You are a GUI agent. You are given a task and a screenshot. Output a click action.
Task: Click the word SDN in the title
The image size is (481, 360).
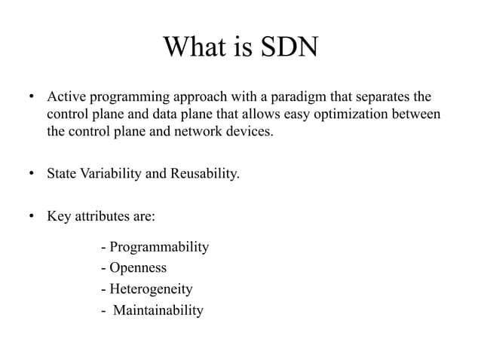click(290, 49)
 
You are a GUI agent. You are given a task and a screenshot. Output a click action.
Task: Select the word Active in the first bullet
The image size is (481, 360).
click(66, 99)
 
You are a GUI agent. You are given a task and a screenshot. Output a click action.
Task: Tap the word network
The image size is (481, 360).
click(190, 133)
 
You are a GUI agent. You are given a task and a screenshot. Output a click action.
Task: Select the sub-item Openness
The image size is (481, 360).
click(133, 268)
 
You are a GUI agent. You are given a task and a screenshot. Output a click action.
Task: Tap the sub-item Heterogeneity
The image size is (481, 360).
click(146, 289)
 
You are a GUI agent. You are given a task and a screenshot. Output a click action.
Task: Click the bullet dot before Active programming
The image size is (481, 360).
click(32, 99)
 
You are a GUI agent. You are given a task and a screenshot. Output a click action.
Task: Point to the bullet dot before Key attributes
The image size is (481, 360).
click(32, 218)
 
